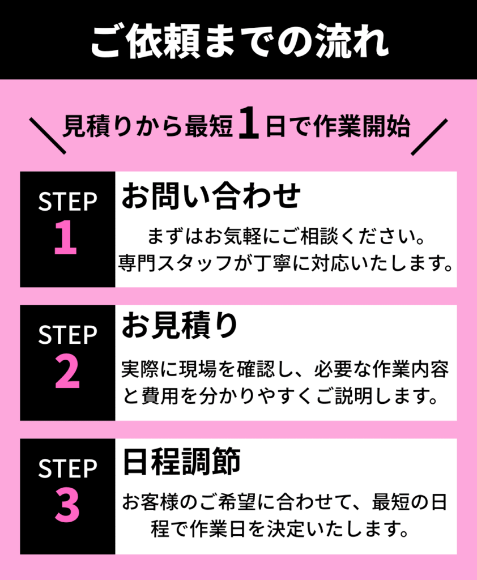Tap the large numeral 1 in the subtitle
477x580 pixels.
[x=249, y=123]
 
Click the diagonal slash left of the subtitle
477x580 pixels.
[x=48, y=136]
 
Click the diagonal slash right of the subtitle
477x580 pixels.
[x=429, y=137]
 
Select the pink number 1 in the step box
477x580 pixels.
[x=66, y=237]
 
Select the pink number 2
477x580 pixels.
[x=67, y=371]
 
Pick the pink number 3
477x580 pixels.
[x=67, y=505]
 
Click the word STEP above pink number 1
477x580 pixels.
[x=67, y=202]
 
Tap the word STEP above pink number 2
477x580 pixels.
[x=67, y=335]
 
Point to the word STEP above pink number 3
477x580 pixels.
[x=67, y=468]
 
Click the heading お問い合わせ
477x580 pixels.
[x=211, y=195]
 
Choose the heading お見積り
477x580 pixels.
[x=180, y=326]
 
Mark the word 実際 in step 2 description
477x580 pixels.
[x=140, y=369]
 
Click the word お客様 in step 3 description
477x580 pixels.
[x=150, y=502]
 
